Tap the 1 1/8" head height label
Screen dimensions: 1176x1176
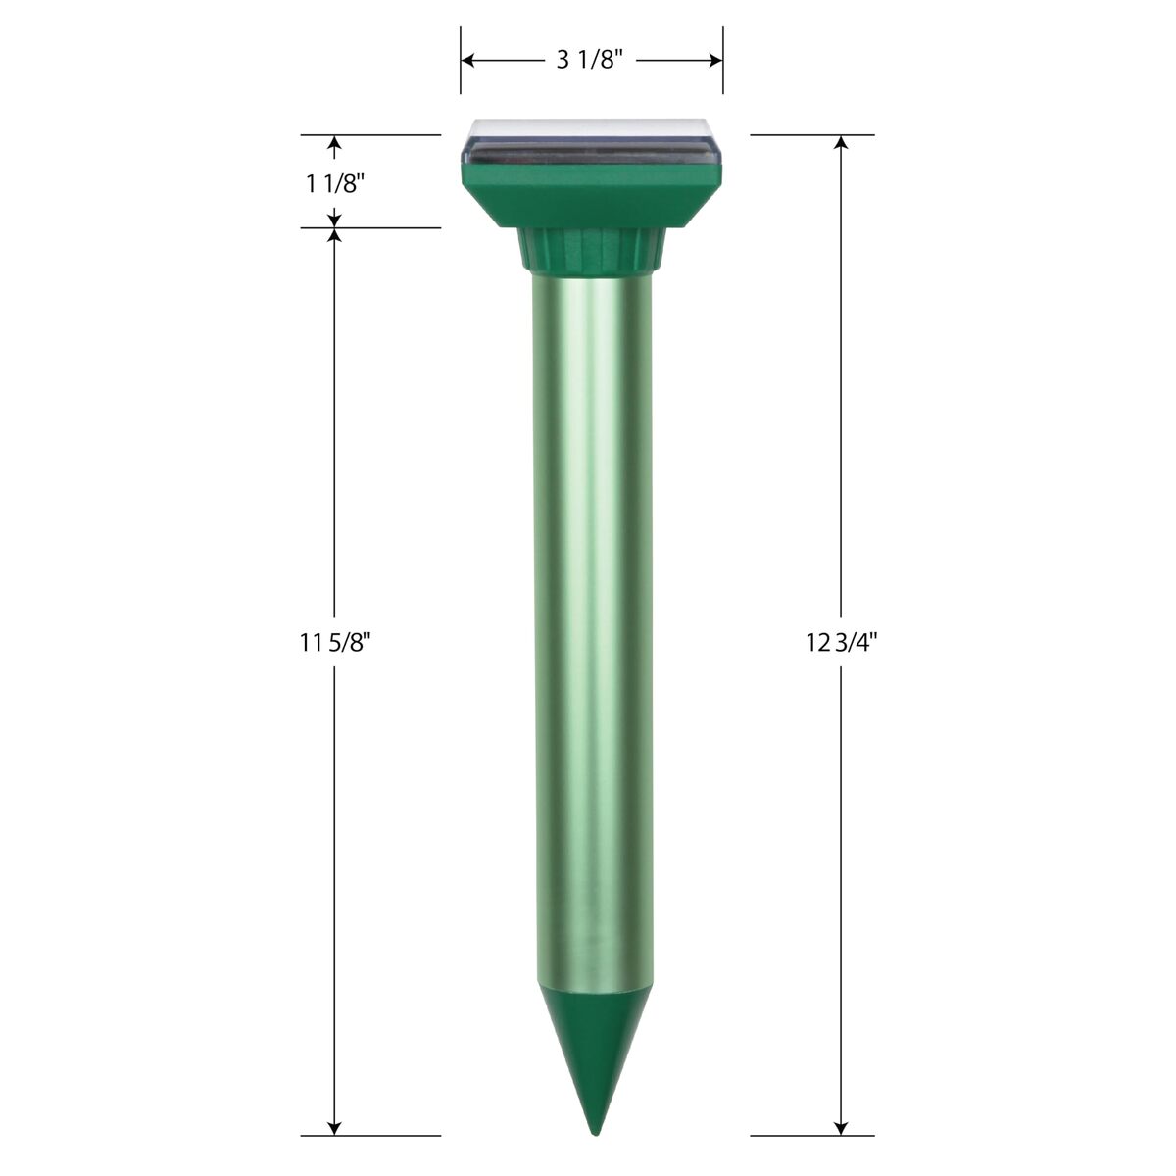[x=334, y=183]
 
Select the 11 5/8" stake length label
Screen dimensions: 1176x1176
[x=334, y=643]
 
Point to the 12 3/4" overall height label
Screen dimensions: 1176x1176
[x=841, y=643]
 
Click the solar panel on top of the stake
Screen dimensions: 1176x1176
[x=591, y=145]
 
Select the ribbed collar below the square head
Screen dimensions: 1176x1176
[x=591, y=248]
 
